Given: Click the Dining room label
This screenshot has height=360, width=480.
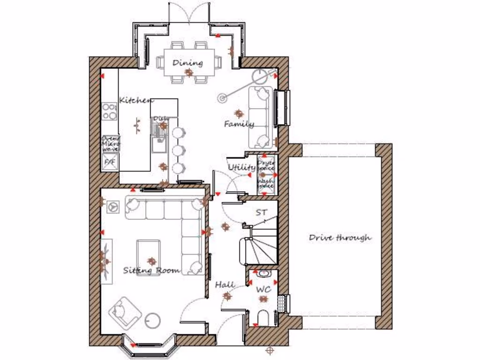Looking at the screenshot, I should pyautogui.click(x=187, y=63).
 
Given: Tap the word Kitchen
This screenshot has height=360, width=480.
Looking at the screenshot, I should pyautogui.click(x=136, y=100).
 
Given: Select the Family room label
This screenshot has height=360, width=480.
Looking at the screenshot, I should pyautogui.click(x=239, y=124).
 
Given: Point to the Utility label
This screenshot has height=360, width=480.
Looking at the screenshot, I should pyautogui.click(x=242, y=167).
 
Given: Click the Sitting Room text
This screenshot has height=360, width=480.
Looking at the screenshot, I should pyautogui.click(x=151, y=270).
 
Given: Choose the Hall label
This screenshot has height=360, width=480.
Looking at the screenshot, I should pyautogui.click(x=225, y=285).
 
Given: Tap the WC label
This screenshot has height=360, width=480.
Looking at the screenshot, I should pyautogui.click(x=264, y=290).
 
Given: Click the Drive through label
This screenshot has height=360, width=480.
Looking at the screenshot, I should pyautogui.click(x=340, y=238).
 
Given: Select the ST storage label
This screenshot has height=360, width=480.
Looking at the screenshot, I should pyautogui.click(x=261, y=212).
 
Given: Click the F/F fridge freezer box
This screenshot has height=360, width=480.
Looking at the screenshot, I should pyautogui.click(x=110, y=162).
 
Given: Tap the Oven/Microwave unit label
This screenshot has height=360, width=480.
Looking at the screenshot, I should pyautogui.click(x=111, y=143).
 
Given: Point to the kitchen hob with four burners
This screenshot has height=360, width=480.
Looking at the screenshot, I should pyautogui.click(x=110, y=112).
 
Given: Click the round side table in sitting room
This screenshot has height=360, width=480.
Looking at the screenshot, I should pyautogui.click(x=152, y=321).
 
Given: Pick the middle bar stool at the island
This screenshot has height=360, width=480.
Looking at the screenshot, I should pyautogui.click(x=178, y=150).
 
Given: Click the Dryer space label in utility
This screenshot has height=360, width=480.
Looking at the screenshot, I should pyautogui.click(x=266, y=165).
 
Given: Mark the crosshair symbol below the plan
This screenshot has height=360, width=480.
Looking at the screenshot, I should pyautogui.click(x=270, y=350).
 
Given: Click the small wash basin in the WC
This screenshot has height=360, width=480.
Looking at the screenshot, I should pyautogui.click(x=263, y=273).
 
